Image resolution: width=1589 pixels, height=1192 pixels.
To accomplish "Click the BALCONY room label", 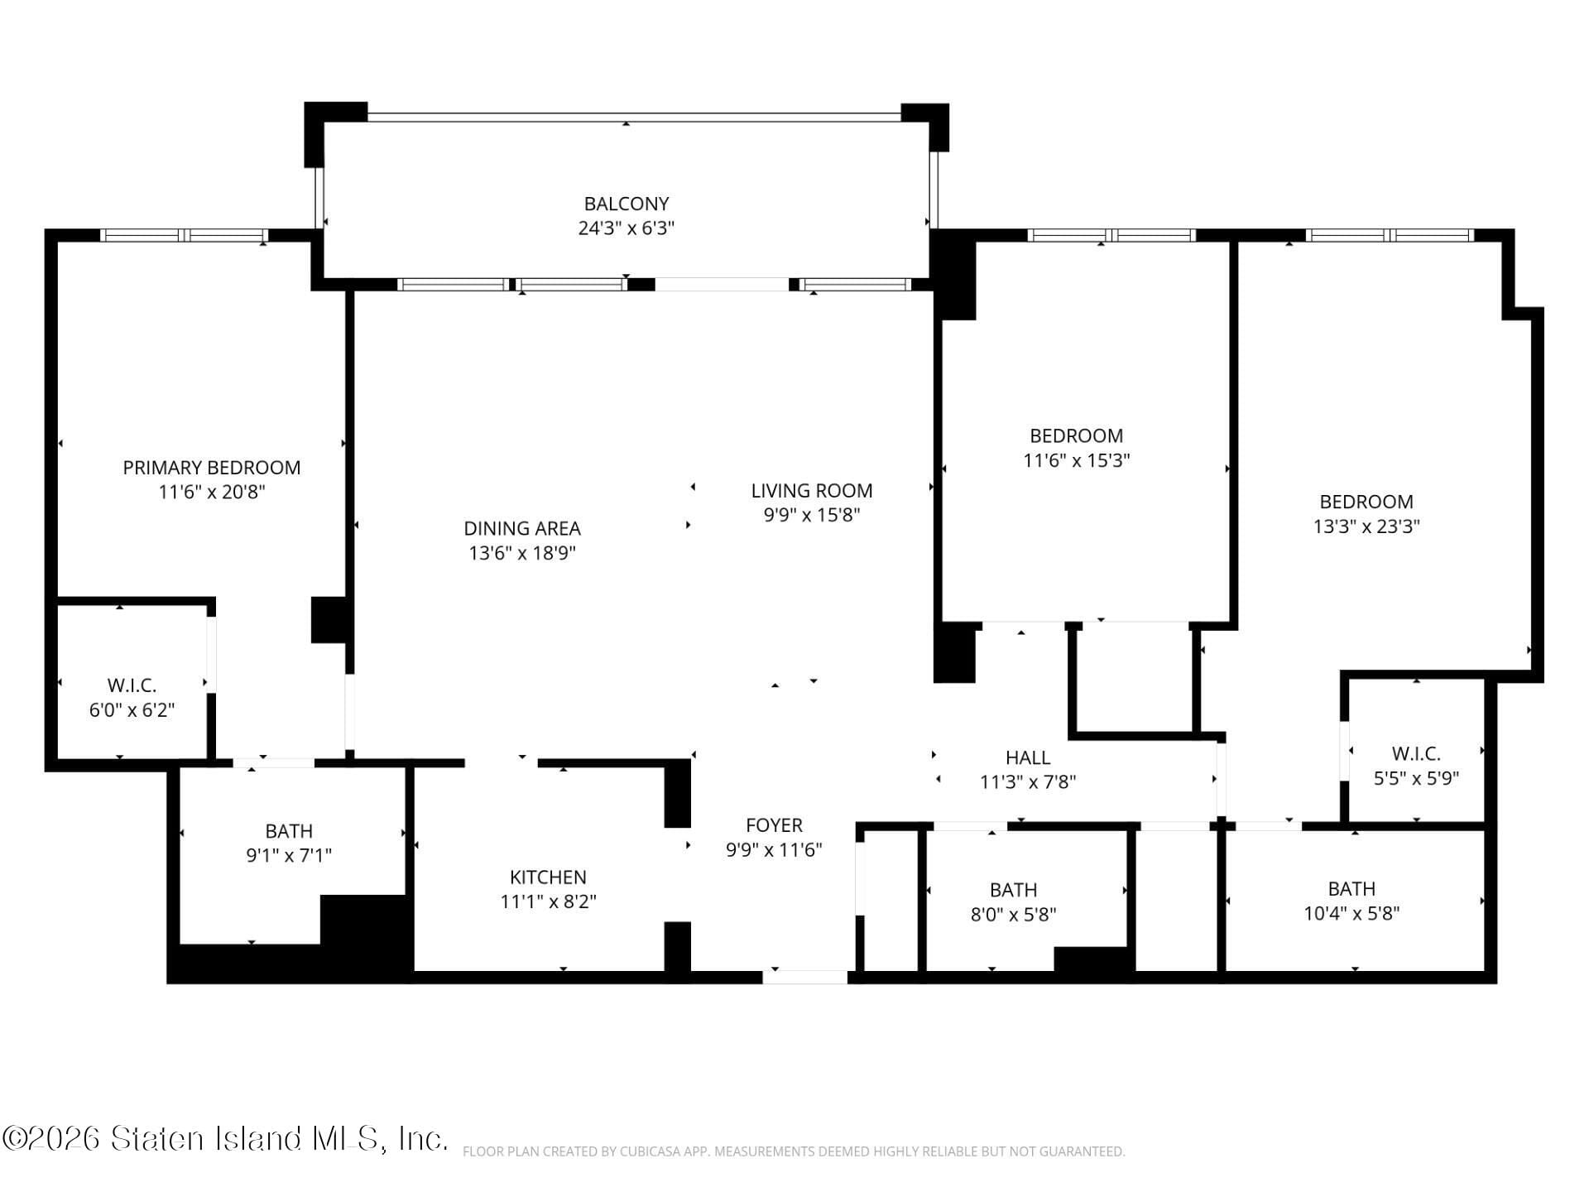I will coord(626,204).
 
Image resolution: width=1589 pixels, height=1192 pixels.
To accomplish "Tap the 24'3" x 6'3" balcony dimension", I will coord(626,228).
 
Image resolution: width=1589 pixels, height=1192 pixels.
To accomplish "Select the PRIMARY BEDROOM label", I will coord(211,468).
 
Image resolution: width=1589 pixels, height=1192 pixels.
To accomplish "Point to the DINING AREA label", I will coord(521,528).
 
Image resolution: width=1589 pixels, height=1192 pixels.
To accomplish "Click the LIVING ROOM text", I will coord(811,491).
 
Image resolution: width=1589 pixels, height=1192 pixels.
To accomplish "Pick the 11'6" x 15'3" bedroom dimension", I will coord(1076,460).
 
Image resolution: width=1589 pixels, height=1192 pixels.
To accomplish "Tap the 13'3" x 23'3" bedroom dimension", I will coord(1366,526).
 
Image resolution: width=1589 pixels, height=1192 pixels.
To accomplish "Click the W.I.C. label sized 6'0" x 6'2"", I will coord(132,685).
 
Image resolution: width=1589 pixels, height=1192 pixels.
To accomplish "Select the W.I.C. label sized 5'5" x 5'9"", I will coord(1415,754).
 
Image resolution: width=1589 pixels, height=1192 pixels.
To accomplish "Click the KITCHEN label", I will coord(547,877).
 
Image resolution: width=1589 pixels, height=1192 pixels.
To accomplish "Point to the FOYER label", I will coord(774,825).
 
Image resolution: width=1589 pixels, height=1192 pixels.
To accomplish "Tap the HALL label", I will coord(1027,757).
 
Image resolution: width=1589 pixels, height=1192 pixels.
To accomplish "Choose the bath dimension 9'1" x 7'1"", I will coord(288,856).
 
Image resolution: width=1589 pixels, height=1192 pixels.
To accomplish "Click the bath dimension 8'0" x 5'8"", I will coord(1013,915).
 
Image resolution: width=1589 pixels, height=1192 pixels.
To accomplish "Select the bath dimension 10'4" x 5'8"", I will coord(1351,914).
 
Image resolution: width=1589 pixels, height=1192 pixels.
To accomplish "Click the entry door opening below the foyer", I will coord(804,978).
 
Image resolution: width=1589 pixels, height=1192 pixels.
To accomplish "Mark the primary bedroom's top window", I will coord(184,235).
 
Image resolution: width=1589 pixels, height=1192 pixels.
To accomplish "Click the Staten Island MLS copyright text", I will coord(223,1139).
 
